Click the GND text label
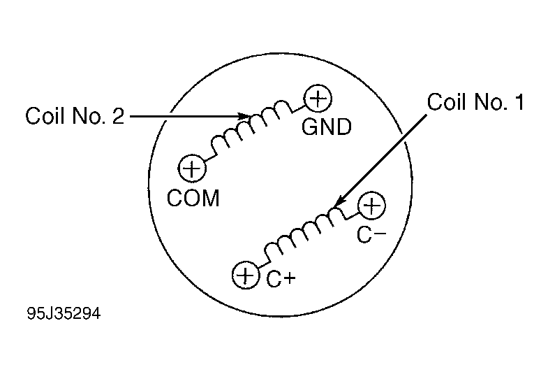327,127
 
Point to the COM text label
193,198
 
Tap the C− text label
371,234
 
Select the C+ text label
281,279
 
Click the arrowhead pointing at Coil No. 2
245,116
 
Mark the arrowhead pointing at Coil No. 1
340,201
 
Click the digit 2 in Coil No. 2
118,115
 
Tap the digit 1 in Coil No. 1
519,102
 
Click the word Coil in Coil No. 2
45,115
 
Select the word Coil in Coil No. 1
447,101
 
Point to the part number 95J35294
64,313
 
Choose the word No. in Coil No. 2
89,115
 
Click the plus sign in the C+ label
290,278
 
